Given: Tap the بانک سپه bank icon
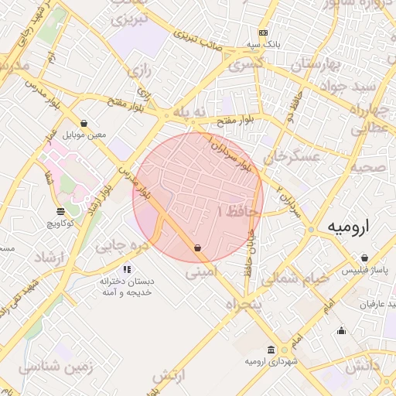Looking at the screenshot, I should [264, 33].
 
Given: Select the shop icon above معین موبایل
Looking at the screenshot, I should [84, 123].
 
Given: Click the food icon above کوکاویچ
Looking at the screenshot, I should [60, 211].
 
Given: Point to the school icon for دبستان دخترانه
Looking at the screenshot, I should [126, 269].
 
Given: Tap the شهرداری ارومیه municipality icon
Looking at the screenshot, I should [269, 349].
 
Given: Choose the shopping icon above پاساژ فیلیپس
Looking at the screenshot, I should [364, 259].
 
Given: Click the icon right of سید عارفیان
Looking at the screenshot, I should [342, 331].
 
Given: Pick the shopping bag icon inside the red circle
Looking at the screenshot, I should [198, 248].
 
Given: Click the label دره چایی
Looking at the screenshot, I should [121, 246].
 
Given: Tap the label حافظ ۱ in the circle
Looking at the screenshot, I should [241, 210].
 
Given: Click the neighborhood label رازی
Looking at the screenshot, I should [139, 71].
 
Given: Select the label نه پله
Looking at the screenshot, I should [190, 113].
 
